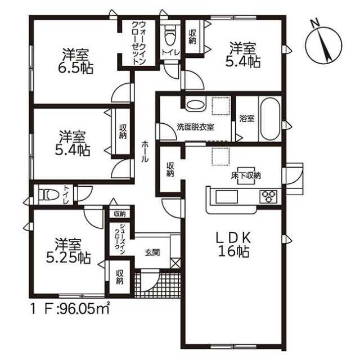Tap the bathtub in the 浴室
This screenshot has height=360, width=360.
coord(270,119)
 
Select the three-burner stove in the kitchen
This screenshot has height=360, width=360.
coord(268,197)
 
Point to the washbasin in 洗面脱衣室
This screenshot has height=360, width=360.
coord(195,105)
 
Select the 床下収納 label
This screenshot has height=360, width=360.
coord(246,175)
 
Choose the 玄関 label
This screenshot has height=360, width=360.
coord(152,253)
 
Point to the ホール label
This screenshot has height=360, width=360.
coord(145,151)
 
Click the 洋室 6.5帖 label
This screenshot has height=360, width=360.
coord(75,61)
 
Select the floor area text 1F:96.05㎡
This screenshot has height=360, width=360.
coord(70,310)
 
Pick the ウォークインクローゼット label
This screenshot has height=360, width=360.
coord(139,43)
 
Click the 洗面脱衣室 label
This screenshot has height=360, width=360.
coord(195,127)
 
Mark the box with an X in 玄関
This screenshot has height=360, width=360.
coord(175,262)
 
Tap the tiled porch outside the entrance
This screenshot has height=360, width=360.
coord(157,283)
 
